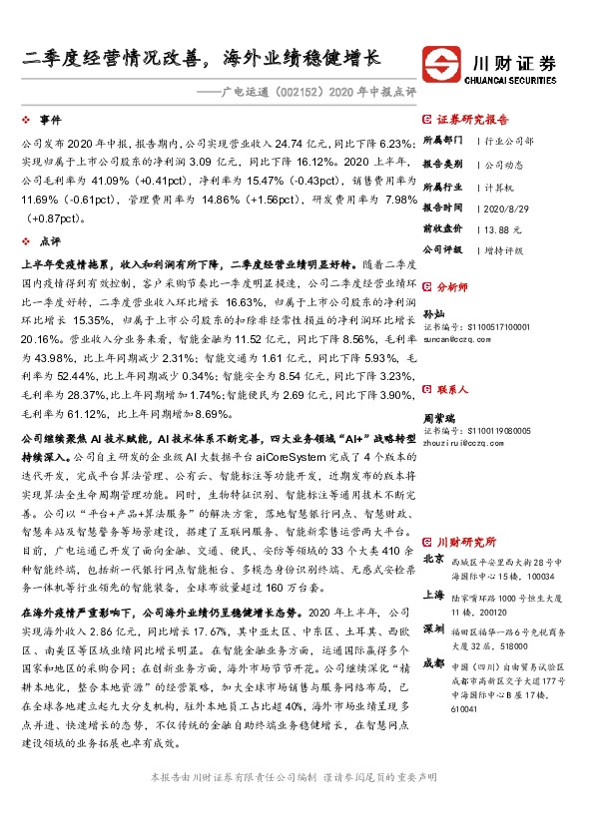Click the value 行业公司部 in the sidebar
pos(509,142)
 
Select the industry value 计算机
pos(498,187)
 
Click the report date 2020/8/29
pos(505,209)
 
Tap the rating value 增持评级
pos(505,249)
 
